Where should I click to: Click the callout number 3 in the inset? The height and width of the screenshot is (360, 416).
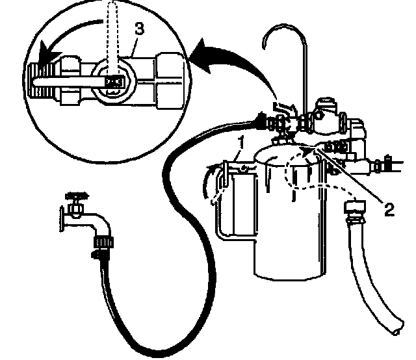[138, 29]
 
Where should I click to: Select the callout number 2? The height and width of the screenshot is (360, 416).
[389, 209]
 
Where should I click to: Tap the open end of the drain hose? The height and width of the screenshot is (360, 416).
[394, 328]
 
